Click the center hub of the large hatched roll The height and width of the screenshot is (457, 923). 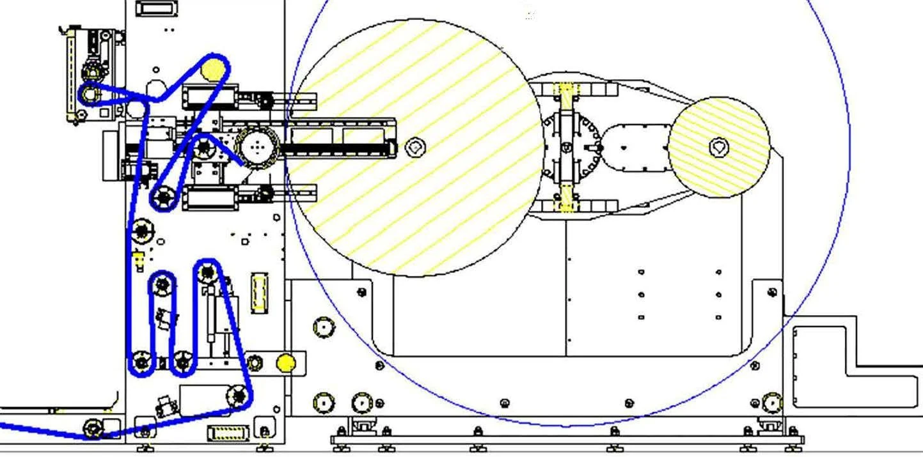415,148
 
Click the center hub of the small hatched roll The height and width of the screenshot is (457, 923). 719,148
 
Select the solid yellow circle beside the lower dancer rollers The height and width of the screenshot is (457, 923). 285,363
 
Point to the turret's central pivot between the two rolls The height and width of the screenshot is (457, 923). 566,148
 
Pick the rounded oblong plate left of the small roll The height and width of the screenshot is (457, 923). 635,148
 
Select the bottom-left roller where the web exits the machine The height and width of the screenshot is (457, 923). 94,427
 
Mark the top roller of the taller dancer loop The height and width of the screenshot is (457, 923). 207,273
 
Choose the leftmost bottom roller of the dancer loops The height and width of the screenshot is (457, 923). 141,363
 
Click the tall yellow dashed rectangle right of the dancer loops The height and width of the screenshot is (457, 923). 259,293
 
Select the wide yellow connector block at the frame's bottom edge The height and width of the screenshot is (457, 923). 228,433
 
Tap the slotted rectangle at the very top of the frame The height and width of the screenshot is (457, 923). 156,9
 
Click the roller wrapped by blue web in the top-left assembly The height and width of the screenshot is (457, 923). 90,95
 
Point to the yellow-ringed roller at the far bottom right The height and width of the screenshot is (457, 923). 772,403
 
